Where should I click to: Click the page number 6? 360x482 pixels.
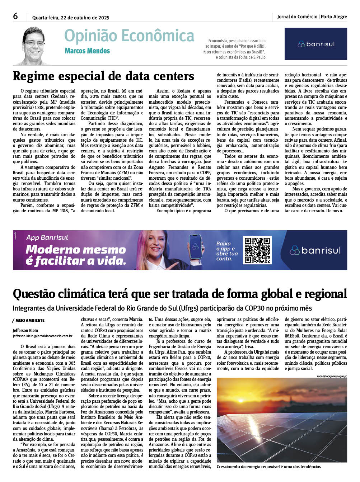coord(15,16)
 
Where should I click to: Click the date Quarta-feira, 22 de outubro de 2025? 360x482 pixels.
coord(71,18)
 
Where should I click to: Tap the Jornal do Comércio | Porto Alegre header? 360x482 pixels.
coord(312,16)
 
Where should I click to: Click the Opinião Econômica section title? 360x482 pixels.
coord(129,36)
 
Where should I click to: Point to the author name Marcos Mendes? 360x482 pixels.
coord(87,51)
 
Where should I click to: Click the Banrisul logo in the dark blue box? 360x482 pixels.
coord(316,44)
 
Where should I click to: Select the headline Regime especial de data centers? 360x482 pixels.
coord(103,76)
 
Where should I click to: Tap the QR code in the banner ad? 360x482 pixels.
coord(257,250)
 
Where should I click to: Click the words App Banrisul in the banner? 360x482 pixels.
coord(47,237)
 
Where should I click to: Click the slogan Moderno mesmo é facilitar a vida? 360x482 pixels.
coord(76,255)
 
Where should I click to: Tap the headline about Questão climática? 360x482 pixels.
coord(180,294)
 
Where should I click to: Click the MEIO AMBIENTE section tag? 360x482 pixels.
coord(29,320)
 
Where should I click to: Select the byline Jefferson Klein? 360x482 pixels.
coord(25,330)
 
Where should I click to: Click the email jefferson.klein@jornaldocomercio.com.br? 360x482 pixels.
coord(43,336)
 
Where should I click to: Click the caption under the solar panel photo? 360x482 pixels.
coord(268,467)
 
